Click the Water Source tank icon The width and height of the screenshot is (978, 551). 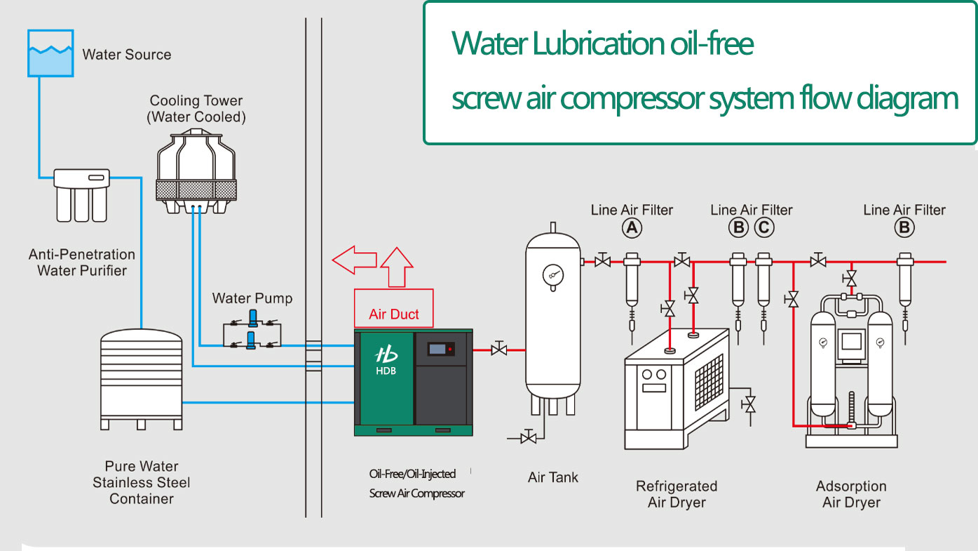click(x=50, y=53)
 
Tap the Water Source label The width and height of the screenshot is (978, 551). click(x=126, y=55)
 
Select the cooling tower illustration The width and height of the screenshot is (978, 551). click(x=196, y=172)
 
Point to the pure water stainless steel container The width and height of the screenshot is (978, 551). click(x=142, y=379)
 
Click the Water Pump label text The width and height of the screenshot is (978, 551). click(x=252, y=298)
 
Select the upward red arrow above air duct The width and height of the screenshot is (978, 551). click(x=395, y=267)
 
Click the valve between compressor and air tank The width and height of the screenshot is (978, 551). click(x=499, y=349)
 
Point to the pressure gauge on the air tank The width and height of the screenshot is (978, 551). click(x=553, y=275)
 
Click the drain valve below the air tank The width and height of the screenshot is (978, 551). click(x=530, y=438)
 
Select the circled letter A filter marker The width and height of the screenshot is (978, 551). click(x=632, y=227)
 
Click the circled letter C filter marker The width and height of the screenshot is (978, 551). click(x=764, y=227)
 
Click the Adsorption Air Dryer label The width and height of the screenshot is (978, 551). click(x=851, y=494)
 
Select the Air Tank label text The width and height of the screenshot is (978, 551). click(x=553, y=477)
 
